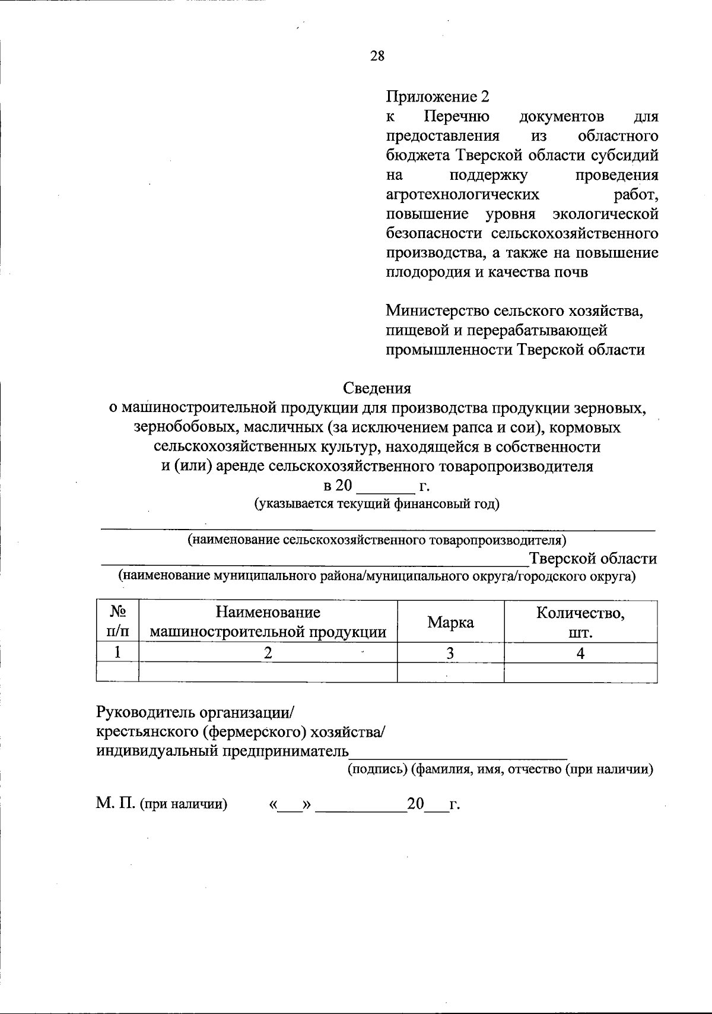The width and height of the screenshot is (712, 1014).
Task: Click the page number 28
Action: click(x=377, y=56)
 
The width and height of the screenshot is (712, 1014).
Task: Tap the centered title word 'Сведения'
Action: click(x=377, y=388)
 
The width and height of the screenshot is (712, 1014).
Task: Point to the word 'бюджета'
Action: click(x=417, y=156)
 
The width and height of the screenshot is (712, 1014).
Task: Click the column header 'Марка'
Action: click(x=451, y=622)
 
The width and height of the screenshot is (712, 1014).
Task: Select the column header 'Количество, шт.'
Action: click(x=580, y=622)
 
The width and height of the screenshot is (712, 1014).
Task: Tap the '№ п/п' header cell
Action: click(x=117, y=622)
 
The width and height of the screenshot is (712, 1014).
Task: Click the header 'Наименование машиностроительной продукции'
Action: click(x=268, y=622)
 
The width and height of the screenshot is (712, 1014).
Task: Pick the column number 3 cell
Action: click(x=450, y=653)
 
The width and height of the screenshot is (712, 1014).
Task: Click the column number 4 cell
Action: click(x=580, y=653)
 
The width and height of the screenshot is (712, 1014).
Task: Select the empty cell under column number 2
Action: click(x=268, y=672)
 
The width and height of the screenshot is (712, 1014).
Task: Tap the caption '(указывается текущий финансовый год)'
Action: click(x=377, y=505)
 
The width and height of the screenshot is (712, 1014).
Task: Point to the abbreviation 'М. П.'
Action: click(x=116, y=804)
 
